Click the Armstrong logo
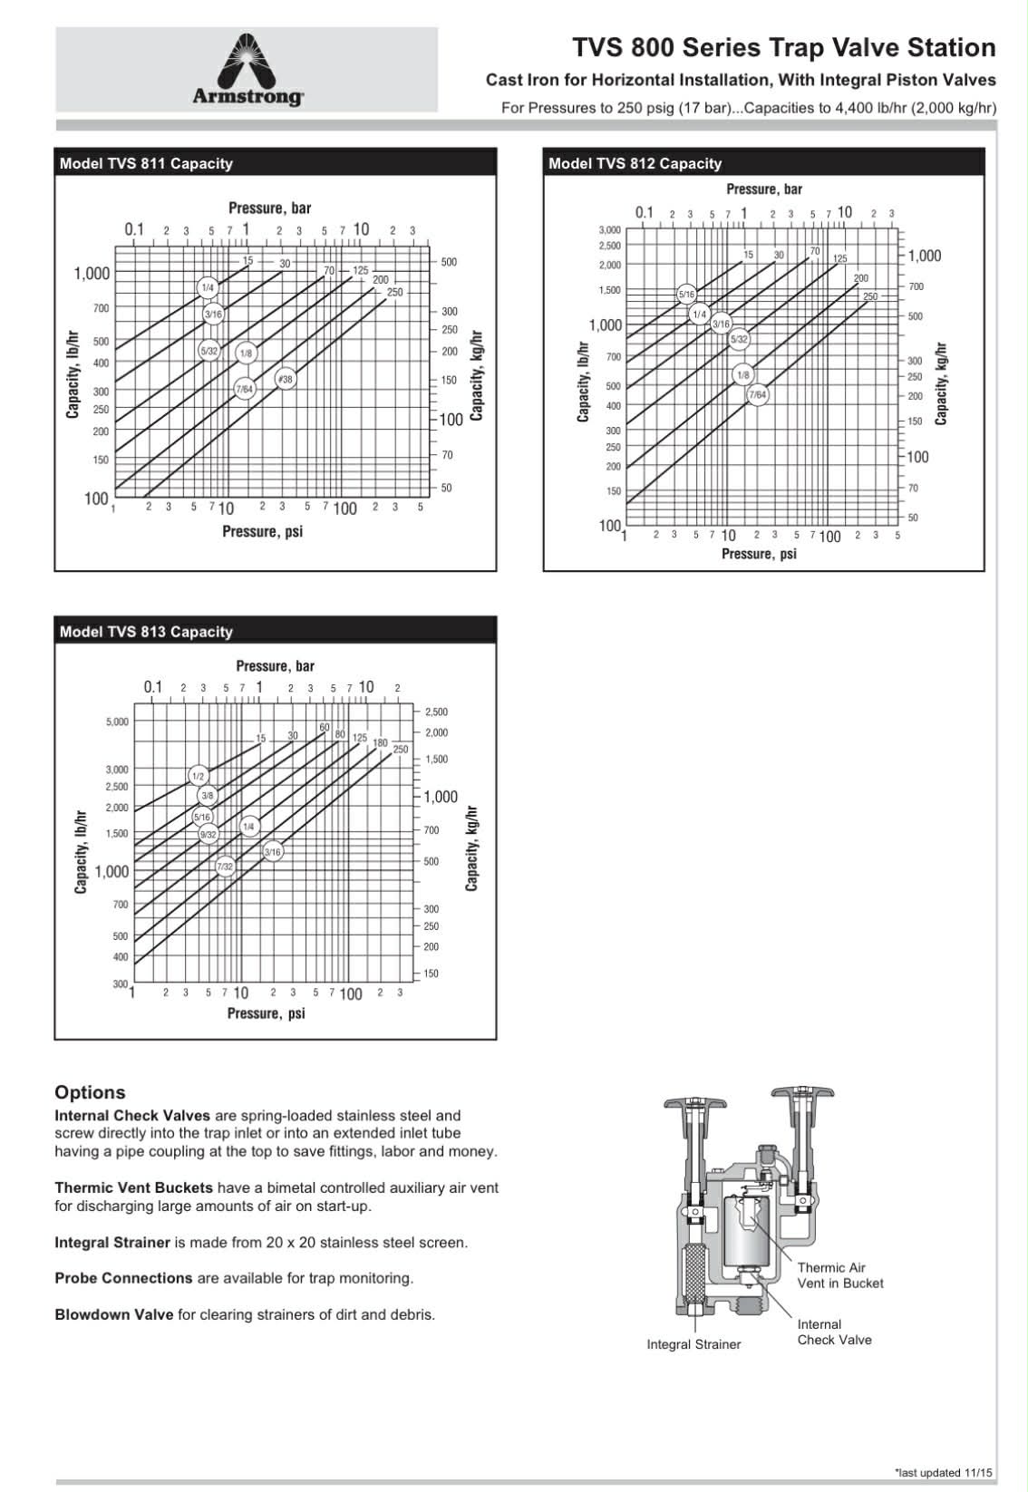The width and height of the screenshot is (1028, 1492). (x=247, y=71)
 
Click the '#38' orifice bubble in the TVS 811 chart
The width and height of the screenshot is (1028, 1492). (x=286, y=379)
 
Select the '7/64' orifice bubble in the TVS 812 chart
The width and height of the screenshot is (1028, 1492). (x=757, y=395)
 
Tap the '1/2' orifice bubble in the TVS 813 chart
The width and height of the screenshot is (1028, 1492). (x=199, y=776)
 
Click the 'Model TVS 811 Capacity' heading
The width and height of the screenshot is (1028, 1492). (x=146, y=164)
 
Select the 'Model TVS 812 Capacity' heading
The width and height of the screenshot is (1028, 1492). (x=635, y=164)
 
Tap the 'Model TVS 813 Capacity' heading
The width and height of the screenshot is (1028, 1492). (x=146, y=632)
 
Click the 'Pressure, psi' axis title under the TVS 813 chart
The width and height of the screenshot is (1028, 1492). (x=266, y=1013)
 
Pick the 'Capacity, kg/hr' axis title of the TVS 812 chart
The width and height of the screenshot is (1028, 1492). (x=942, y=383)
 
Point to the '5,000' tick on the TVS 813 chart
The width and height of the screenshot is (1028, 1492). (x=118, y=722)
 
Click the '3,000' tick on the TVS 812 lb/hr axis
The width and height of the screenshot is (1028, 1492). (x=609, y=230)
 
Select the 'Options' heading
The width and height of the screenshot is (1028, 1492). (x=90, y=1092)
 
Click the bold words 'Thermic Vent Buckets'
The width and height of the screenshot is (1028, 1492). (x=133, y=1187)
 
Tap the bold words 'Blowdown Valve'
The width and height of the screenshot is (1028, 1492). (x=113, y=1314)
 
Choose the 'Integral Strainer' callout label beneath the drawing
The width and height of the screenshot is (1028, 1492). (x=693, y=1344)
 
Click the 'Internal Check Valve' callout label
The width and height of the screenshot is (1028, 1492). (x=834, y=1332)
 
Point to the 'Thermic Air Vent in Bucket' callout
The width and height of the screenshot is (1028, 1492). (x=839, y=1275)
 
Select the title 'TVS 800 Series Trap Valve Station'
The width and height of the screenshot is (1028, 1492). (x=783, y=48)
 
